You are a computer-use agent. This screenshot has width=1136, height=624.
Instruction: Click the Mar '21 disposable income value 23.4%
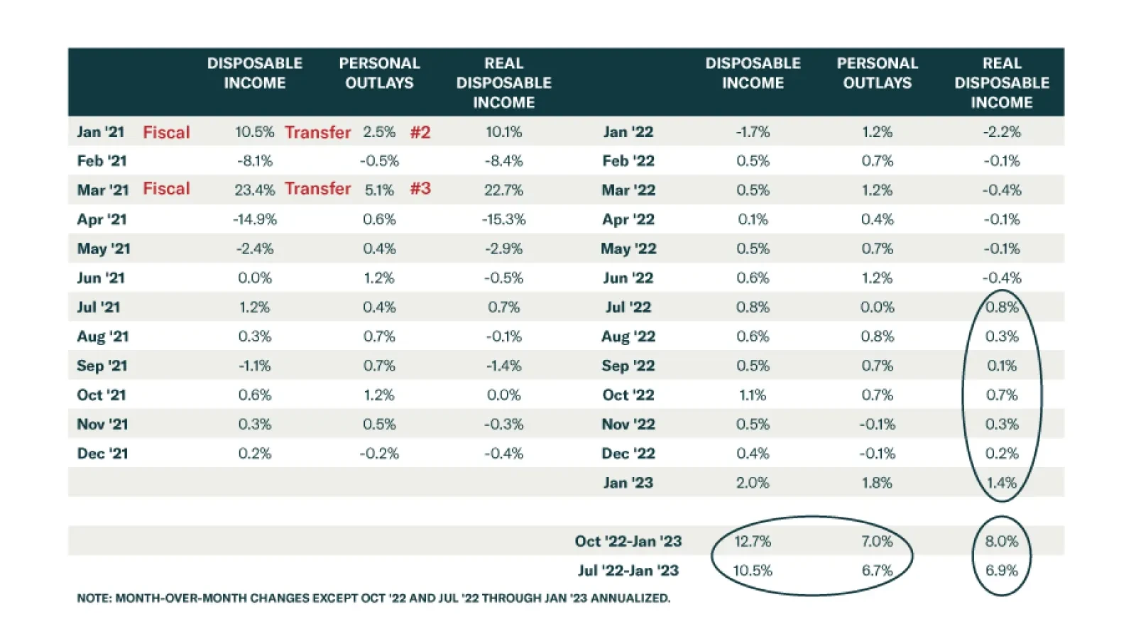tap(254, 190)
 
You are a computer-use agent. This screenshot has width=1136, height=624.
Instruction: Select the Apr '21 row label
tap(102, 219)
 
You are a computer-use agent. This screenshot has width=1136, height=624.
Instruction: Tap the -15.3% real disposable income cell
tap(503, 219)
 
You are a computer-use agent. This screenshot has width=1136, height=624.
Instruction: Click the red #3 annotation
tap(420, 189)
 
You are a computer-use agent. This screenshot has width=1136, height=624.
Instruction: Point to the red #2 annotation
tap(420, 132)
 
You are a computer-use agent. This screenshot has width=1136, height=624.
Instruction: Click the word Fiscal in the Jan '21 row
tap(166, 132)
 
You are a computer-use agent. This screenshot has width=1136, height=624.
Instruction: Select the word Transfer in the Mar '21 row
tap(317, 189)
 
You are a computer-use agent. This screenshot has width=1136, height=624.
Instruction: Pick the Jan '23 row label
tap(628, 483)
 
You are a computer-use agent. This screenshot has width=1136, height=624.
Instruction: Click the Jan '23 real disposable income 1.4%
tap(1001, 483)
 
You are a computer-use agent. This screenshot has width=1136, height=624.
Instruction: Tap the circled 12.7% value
tap(752, 541)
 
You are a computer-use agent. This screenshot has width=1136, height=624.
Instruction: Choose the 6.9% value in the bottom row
tap(1001, 570)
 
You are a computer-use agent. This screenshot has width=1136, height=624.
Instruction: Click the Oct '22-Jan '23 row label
tap(628, 541)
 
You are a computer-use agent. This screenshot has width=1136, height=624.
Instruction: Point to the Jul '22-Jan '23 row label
tap(628, 570)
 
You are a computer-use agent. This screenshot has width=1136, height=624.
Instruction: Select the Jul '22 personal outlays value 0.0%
tap(877, 307)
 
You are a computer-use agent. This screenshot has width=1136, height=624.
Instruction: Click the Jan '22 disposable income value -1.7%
tap(752, 132)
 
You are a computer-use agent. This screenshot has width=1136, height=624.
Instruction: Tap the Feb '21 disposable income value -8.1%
tap(254, 161)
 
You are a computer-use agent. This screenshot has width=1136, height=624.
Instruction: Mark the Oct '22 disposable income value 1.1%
tap(752, 395)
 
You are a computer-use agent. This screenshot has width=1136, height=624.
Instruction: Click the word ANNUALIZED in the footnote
tap(630, 598)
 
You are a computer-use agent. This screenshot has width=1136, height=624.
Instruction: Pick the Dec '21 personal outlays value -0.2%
tap(379, 454)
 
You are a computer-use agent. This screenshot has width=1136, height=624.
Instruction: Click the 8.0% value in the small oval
tap(1001, 541)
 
